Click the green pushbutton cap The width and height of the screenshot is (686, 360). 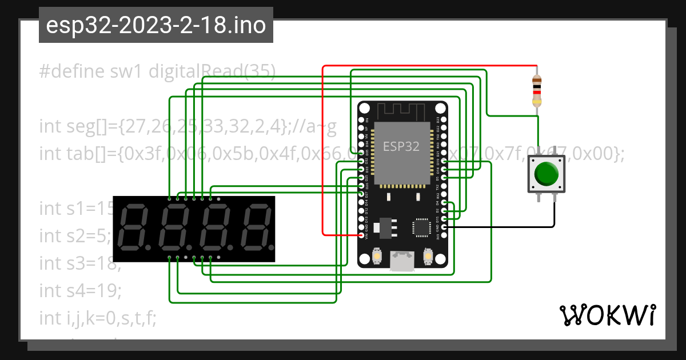point(547,174)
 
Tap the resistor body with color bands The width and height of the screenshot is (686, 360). point(537,91)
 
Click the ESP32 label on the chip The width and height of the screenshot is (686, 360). point(401,146)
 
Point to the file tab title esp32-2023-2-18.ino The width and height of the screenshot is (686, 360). point(155,26)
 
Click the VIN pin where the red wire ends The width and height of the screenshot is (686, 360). point(361,235)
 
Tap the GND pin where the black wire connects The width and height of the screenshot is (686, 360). point(444,227)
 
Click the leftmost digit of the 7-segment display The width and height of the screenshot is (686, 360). point(132,227)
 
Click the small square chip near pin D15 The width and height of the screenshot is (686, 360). point(421,227)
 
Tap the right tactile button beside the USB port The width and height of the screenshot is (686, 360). point(427,255)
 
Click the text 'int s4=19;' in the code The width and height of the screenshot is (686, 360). point(81,291)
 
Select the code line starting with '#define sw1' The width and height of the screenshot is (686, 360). point(157,71)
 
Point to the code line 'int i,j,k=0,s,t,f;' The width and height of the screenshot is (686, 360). point(97,318)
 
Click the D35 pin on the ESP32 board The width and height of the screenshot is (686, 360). point(361,154)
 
